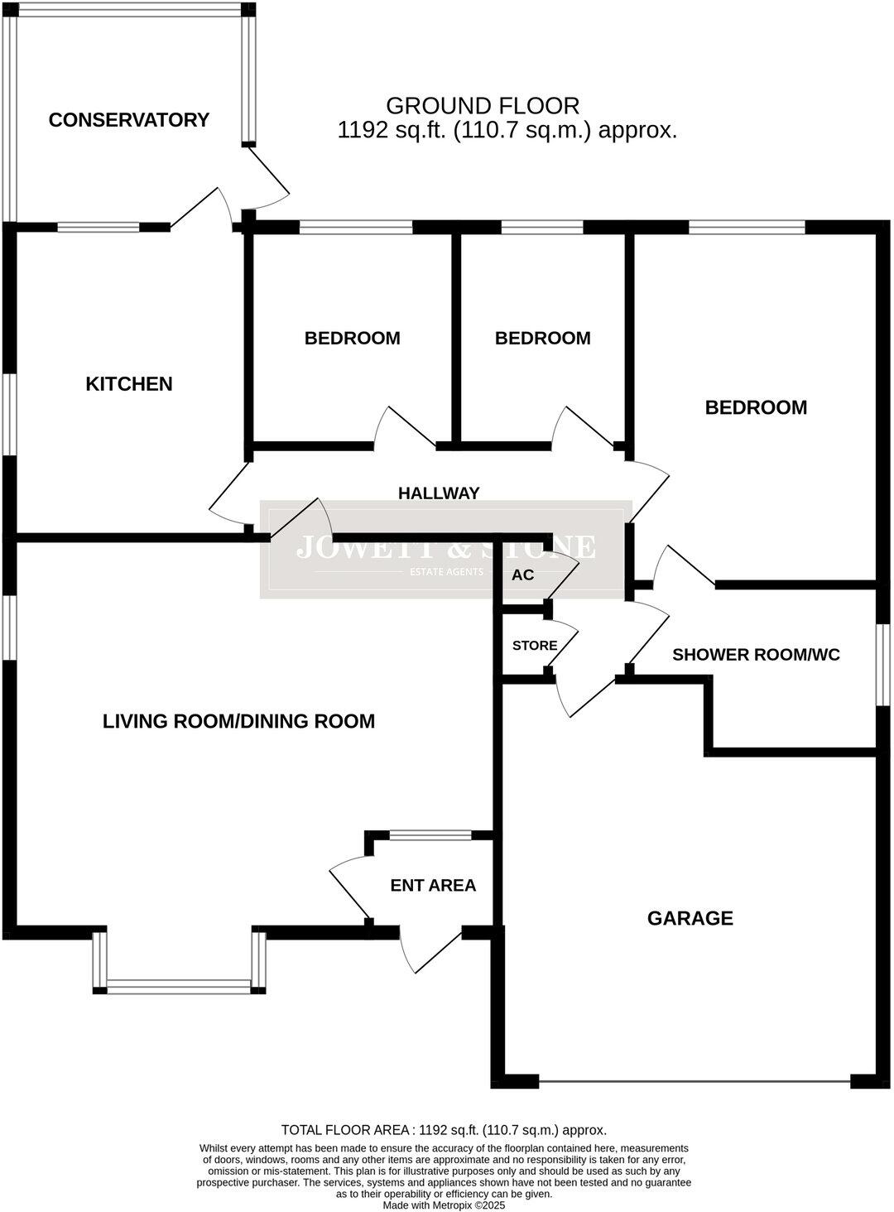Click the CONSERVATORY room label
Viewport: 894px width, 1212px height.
128,120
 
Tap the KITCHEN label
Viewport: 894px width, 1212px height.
129,384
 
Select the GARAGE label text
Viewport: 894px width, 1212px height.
690,918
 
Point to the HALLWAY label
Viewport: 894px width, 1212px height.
439,493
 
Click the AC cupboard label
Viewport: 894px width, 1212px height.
522,575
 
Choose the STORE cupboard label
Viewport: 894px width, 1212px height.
534,646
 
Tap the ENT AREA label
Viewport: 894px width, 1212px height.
433,886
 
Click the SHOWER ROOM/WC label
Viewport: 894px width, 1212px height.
756,655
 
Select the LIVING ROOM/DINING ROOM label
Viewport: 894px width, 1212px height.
238,721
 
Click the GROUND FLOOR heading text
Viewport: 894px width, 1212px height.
483,106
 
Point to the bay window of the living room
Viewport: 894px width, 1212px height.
179,985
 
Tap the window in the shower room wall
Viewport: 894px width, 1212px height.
882,666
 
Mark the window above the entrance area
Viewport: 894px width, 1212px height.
430,835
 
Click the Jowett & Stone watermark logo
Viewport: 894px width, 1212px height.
446,549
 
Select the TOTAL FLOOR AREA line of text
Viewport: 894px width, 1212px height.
444,1130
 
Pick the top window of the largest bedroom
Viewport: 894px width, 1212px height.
747,226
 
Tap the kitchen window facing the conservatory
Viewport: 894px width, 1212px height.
99,227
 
